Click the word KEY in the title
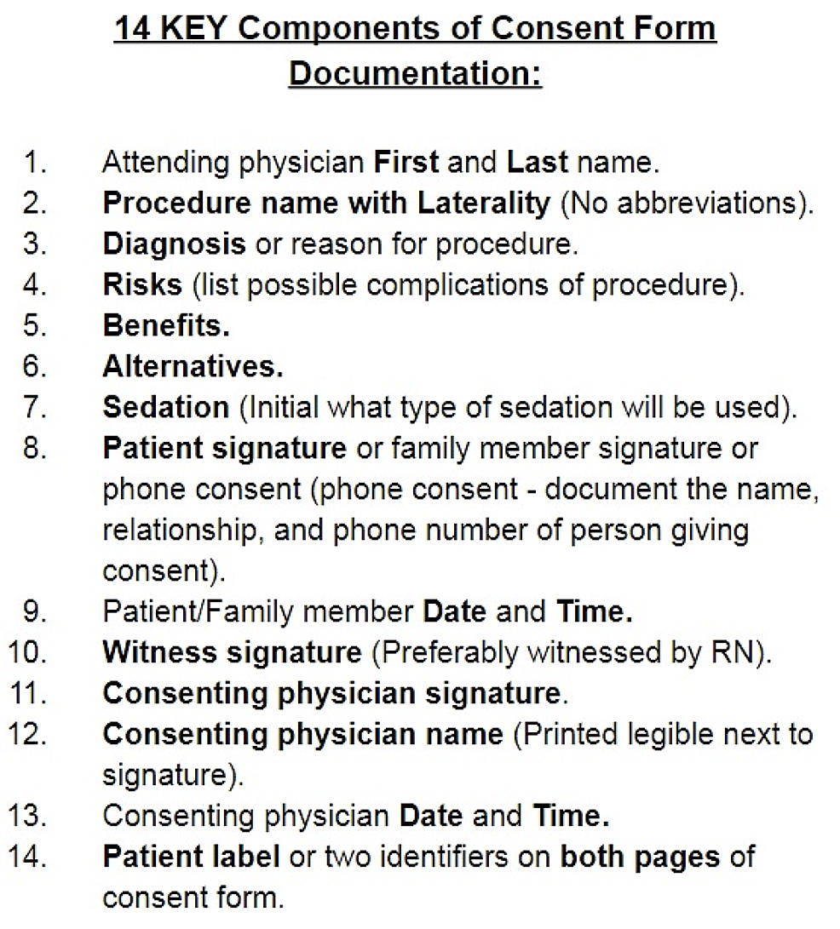pos(190,29)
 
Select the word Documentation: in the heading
pos(416,73)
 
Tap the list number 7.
pos(34,407)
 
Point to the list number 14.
pos(29,857)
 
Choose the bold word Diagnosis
pos(174,244)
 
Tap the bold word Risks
pos(142,284)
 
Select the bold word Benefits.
pos(166,325)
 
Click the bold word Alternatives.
pos(193,366)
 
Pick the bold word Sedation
pos(166,407)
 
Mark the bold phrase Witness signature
pos(232,652)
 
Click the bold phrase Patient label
pos(191,857)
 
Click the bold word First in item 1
pos(407,162)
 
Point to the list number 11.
pos(29,693)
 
